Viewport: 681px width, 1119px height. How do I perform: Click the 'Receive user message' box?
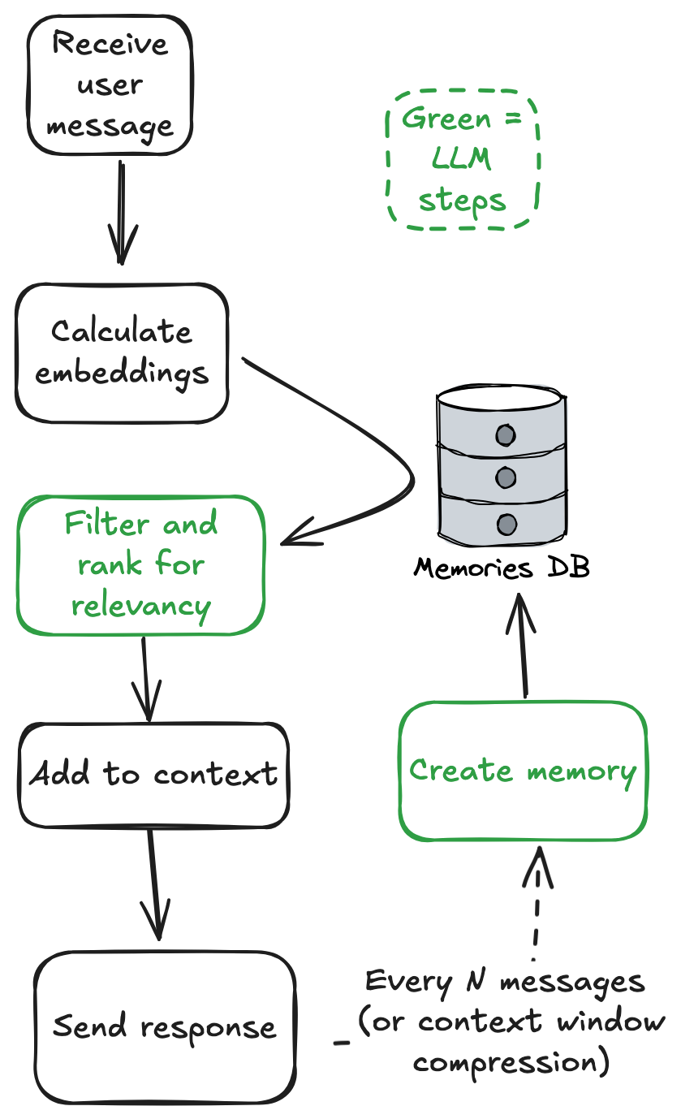click(x=110, y=85)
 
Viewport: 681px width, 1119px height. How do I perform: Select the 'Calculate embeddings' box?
click(x=122, y=352)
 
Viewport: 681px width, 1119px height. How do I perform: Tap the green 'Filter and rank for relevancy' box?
click(x=140, y=564)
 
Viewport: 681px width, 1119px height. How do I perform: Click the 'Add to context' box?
click(x=153, y=775)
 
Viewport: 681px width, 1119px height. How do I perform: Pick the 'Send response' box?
click(x=165, y=1026)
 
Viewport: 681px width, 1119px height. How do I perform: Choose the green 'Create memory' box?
click(x=523, y=770)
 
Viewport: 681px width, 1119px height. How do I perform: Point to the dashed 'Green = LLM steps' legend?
click(x=462, y=159)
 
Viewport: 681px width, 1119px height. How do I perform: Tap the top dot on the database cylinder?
click(x=506, y=435)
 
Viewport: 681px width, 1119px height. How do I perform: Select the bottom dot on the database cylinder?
click(x=506, y=524)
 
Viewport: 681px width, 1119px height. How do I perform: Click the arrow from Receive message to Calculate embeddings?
click(x=122, y=211)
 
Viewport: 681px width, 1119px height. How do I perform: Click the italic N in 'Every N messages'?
click(x=476, y=983)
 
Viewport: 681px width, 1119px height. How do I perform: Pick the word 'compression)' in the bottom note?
click(x=511, y=1061)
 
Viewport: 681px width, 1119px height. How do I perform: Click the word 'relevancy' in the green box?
click(x=140, y=605)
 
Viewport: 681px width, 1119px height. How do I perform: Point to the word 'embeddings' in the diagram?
click(x=122, y=374)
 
